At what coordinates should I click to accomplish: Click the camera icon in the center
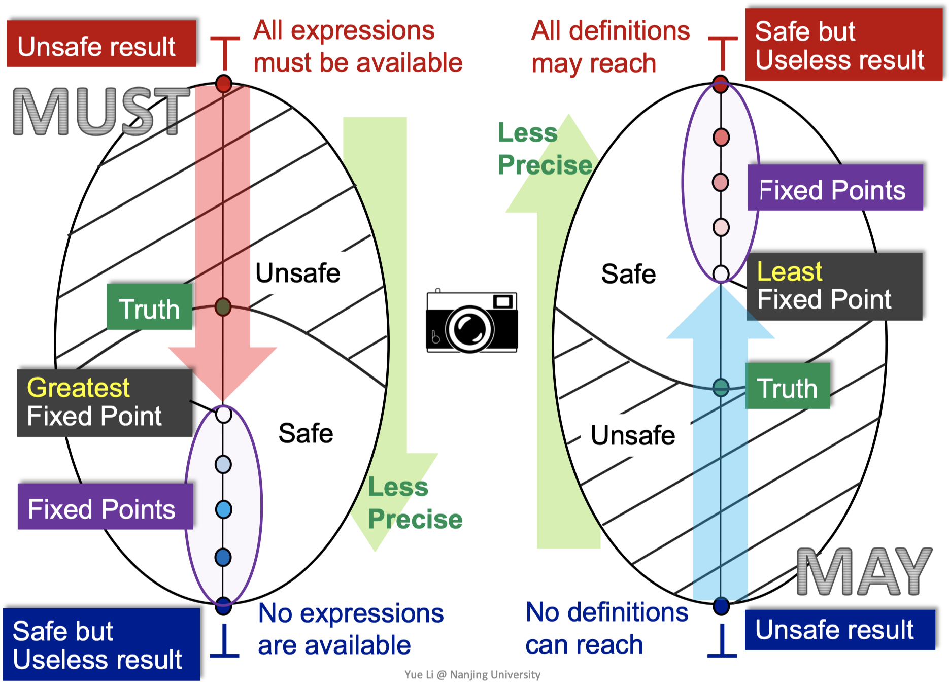click(471, 322)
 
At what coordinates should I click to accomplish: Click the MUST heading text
click(100, 112)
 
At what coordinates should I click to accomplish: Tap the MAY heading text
click(864, 572)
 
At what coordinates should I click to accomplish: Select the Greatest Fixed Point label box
click(105, 403)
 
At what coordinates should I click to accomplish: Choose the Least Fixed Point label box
click(834, 286)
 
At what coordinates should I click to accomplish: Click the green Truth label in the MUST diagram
click(149, 307)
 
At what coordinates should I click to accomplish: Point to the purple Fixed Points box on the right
click(835, 187)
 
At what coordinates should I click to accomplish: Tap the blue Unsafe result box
click(839, 630)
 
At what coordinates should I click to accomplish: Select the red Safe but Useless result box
click(843, 45)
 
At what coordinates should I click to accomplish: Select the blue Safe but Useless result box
click(101, 644)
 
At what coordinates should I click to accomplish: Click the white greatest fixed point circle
click(223, 415)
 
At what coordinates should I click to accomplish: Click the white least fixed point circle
click(721, 273)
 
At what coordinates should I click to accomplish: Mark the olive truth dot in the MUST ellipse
click(223, 307)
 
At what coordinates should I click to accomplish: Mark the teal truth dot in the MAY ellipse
click(721, 388)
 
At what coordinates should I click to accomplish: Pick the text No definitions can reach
click(606, 628)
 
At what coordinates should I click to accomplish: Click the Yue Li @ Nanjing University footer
click(472, 674)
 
